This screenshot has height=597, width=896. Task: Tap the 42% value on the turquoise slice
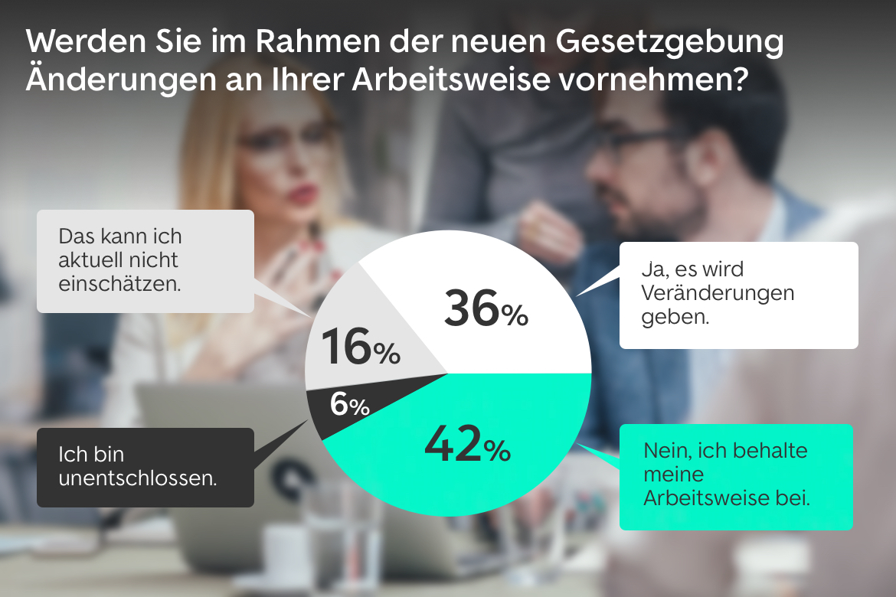[x=466, y=445]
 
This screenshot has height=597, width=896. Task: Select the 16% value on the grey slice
[x=361, y=347]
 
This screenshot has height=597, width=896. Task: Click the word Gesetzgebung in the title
[x=675, y=44]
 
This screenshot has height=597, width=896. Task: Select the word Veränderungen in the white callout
[x=718, y=293]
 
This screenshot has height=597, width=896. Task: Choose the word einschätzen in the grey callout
[x=120, y=284]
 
